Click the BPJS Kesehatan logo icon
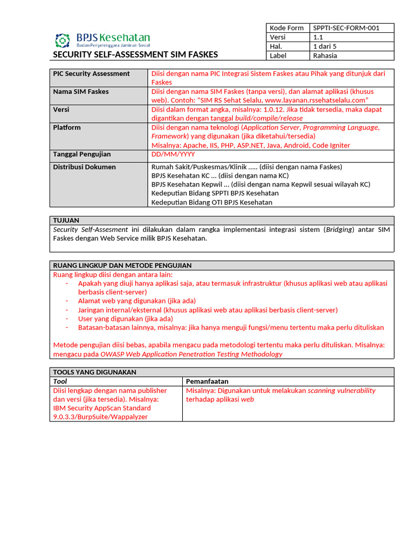tap(63, 40)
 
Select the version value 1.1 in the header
tap(318, 37)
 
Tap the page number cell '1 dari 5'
tap(325, 46)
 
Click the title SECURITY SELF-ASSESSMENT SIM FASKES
tap(135, 54)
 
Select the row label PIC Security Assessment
tap(91, 74)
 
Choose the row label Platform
tap(67, 128)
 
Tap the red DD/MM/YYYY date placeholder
tap(173, 154)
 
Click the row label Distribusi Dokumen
tap(84, 167)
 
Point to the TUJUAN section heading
tap(66, 220)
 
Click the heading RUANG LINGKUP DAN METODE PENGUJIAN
tap(122, 265)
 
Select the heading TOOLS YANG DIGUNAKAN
tap(94, 372)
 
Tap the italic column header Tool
tap(60, 381)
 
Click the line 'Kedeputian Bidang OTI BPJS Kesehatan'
tap(212, 202)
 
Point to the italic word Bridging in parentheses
tap(339, 230)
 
